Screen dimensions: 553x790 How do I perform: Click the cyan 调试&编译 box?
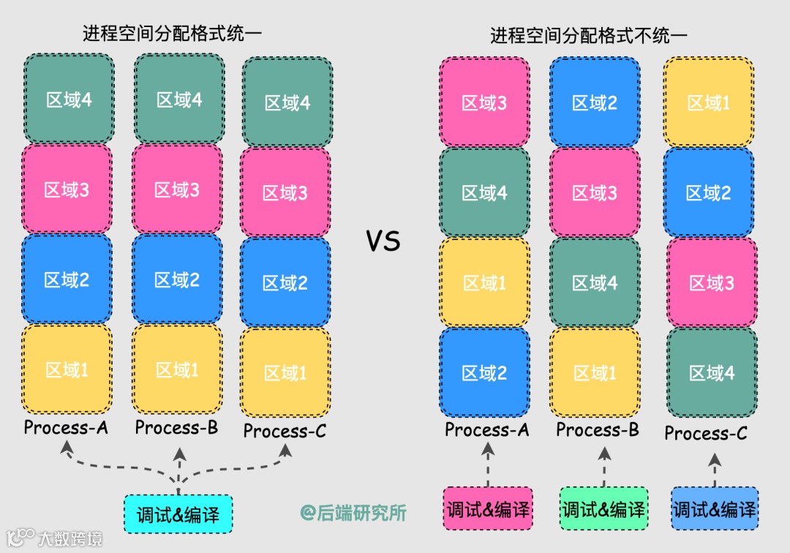coord(178,513)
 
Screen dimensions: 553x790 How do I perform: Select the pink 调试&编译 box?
coord(488,508)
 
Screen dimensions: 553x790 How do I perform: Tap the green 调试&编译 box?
coord(603,508)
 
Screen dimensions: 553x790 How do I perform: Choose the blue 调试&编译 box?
coord(715,508)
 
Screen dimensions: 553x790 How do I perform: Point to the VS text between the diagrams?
coord(383,241)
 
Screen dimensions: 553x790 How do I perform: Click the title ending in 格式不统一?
coord(589,35)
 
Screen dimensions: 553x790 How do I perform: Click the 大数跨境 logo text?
coord(69,539)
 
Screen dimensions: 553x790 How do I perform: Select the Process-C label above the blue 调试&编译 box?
coord(706,434)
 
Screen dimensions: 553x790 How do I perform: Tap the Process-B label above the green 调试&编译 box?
coord(598,430)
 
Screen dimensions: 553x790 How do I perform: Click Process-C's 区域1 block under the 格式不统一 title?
coord(708,103)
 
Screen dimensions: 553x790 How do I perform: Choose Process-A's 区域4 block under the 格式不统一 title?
coord(484,193)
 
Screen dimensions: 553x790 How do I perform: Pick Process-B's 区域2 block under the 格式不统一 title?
coord(594,103)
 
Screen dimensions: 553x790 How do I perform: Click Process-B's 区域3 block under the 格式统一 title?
coord(177,190)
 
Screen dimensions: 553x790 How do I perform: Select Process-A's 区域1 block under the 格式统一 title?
coord(67,370)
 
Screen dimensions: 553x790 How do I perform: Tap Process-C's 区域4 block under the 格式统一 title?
coord(287,103)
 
